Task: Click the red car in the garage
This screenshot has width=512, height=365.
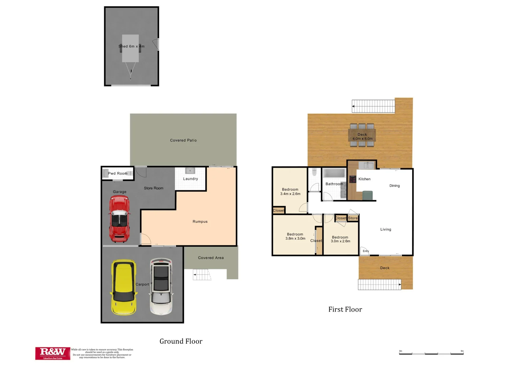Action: pyautogui.click(x=119, y=219)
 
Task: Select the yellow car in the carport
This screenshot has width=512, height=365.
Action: pyautogui.click(x=124, y=287)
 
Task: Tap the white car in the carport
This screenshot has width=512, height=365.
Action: pyautogui.click(x=161, y=287)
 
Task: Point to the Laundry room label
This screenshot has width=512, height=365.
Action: pyautogui.click(x=190, y=179)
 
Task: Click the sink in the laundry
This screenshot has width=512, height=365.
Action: pyautogui.click(x=190, y=171)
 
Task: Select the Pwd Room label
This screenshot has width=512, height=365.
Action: pyautogui.click(x=118, y=173)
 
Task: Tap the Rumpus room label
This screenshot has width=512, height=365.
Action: pyautogui.click(x=200, y=222)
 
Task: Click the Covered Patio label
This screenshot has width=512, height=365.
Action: pyautogui.click(x=183, y=140)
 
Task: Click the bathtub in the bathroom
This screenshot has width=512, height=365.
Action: pyautogui.click(x=334, y=173)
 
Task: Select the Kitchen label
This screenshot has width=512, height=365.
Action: pyautogui.click(x=364, y=179)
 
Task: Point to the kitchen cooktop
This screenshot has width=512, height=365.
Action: pyautogui.click(x=353, y=179)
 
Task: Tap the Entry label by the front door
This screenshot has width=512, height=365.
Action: pyautogui.click(x=366, y=251)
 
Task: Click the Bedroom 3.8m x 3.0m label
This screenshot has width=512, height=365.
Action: pyautogui.click(x=295, y=236)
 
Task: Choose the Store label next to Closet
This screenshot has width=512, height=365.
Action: pyautogui.click(x=353, y=218)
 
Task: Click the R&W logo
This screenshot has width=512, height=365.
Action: pyautogui.click(x=53, y=353)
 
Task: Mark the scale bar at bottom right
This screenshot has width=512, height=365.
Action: pyautogui.click(x=431, y=353)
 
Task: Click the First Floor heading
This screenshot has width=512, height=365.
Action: pyautogui.click(x=345, y=309)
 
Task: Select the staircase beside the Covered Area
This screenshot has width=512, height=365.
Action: pyautogui.click(x=202, y=275)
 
